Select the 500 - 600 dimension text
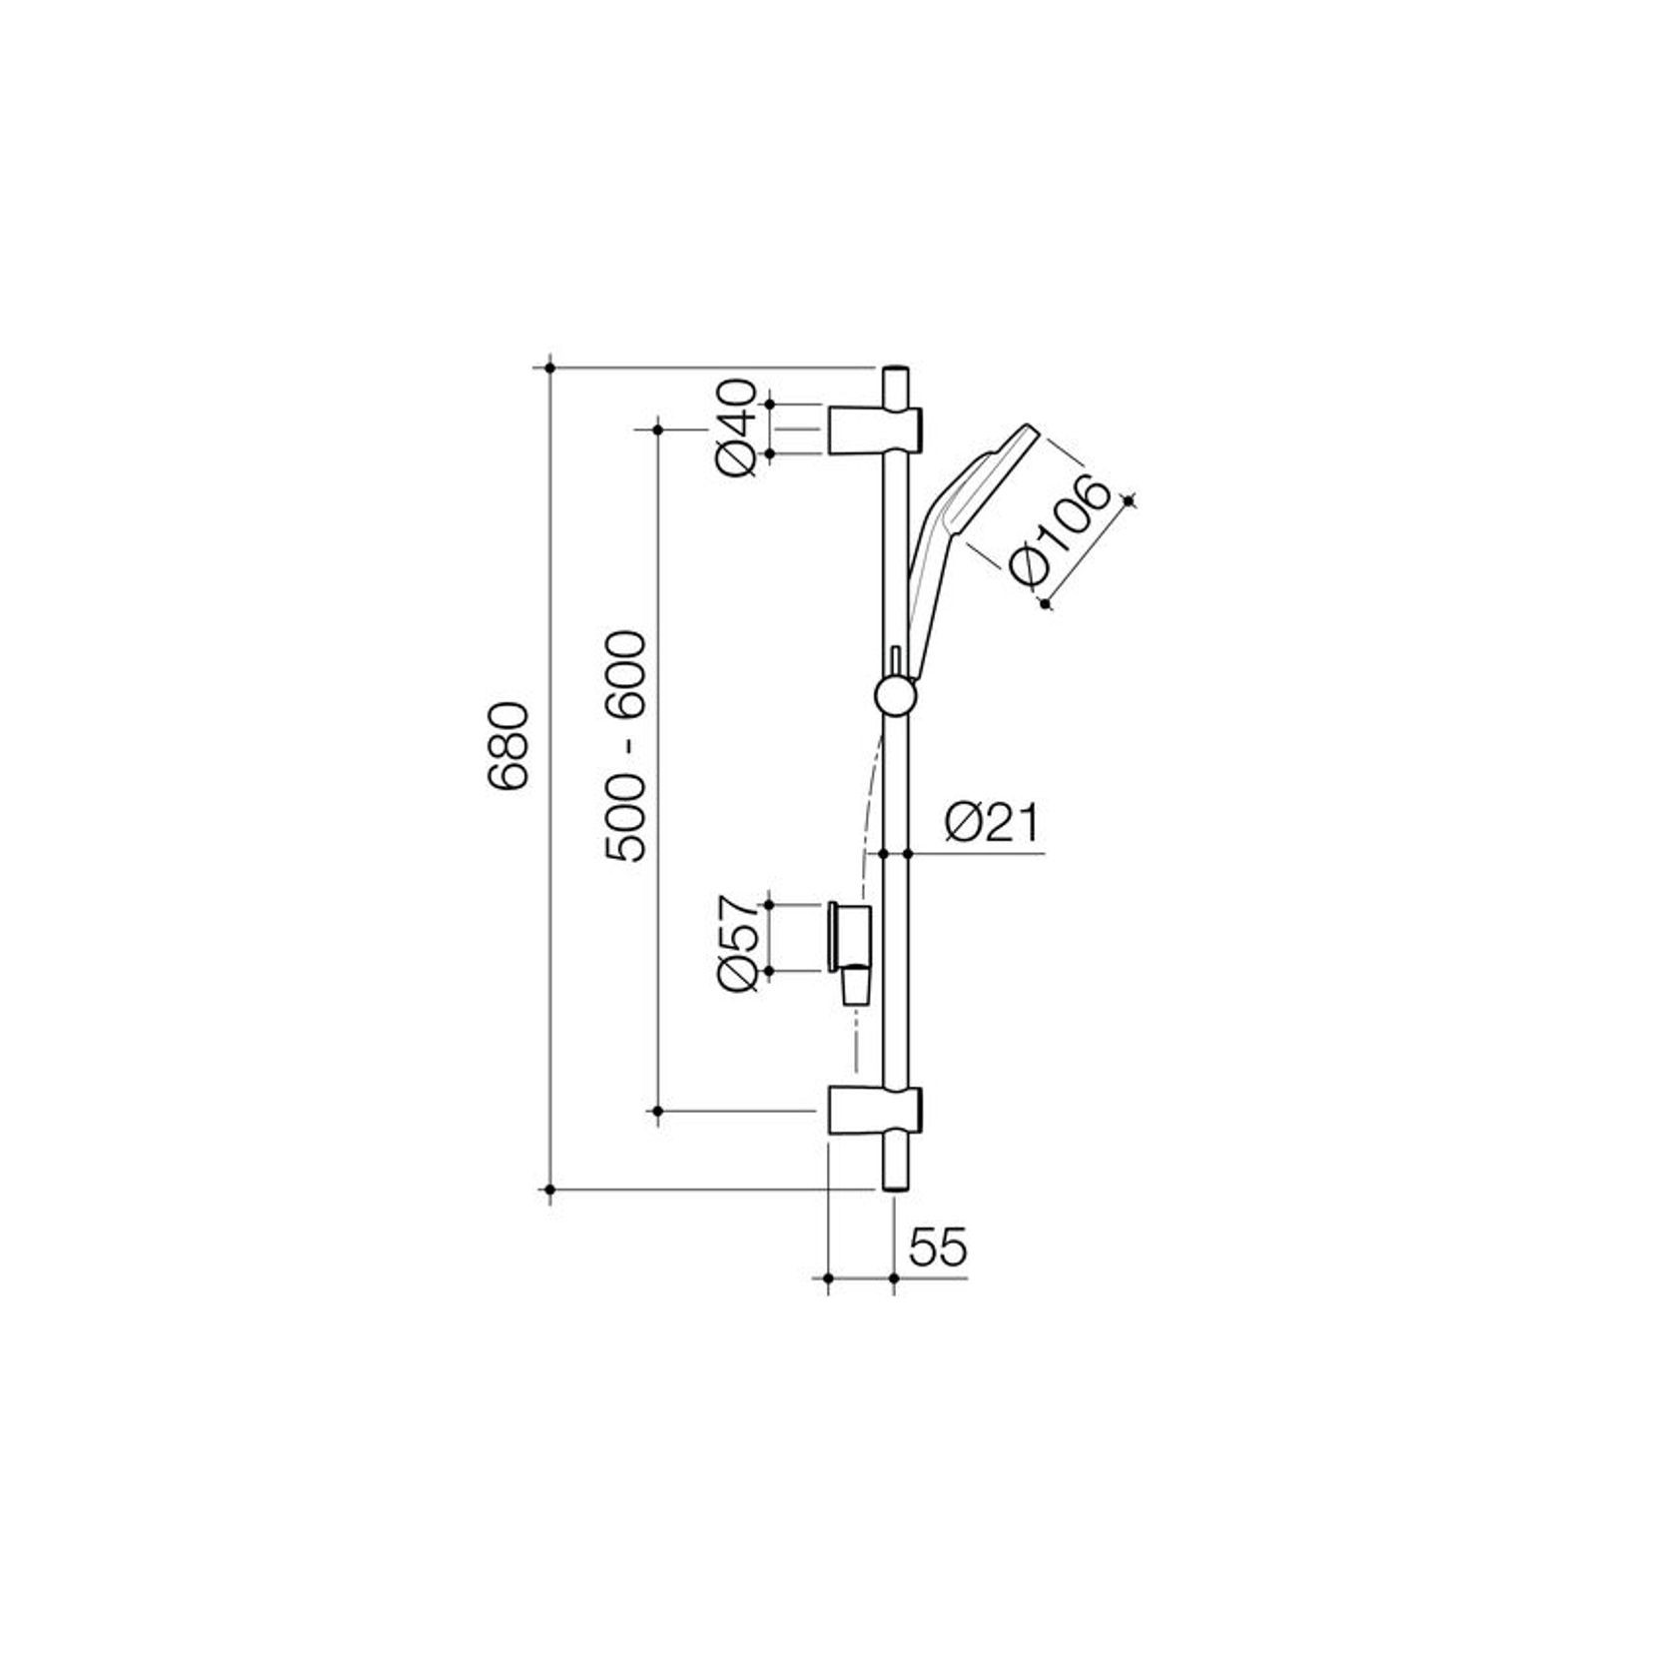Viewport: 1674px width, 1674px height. tap(627, 746)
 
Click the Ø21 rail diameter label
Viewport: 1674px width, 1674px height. tap(992, 825)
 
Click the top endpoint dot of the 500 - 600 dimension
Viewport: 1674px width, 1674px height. tap(657, 428)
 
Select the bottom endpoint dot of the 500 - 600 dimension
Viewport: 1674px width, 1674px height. tap(657, 1110)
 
